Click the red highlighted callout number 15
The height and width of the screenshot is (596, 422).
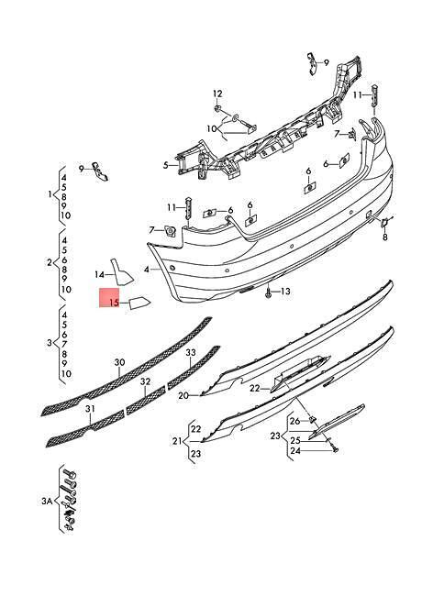114,303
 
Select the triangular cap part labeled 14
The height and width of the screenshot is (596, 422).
121,272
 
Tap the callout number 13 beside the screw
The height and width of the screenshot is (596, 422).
285,292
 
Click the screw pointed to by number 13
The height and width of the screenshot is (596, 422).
269,292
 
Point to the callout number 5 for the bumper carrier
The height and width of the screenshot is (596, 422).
165,165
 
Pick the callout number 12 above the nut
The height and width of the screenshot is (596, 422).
217,94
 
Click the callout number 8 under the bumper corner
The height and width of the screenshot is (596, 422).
385,237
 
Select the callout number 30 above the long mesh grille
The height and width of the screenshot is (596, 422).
119,362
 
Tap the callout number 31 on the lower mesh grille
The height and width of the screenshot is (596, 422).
90,409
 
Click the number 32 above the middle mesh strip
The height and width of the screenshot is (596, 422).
145,381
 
